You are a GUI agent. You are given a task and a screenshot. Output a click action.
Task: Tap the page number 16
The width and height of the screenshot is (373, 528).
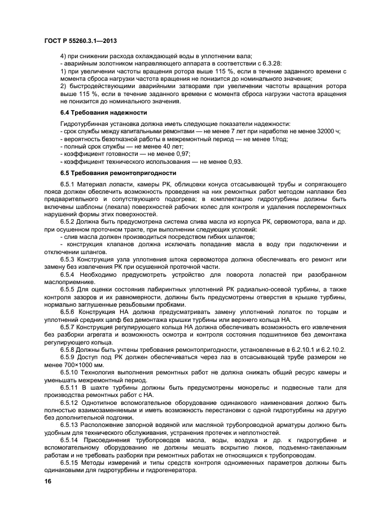[48, 481]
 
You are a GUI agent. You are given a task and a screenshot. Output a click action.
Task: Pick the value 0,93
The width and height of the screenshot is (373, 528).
[234, 161]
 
